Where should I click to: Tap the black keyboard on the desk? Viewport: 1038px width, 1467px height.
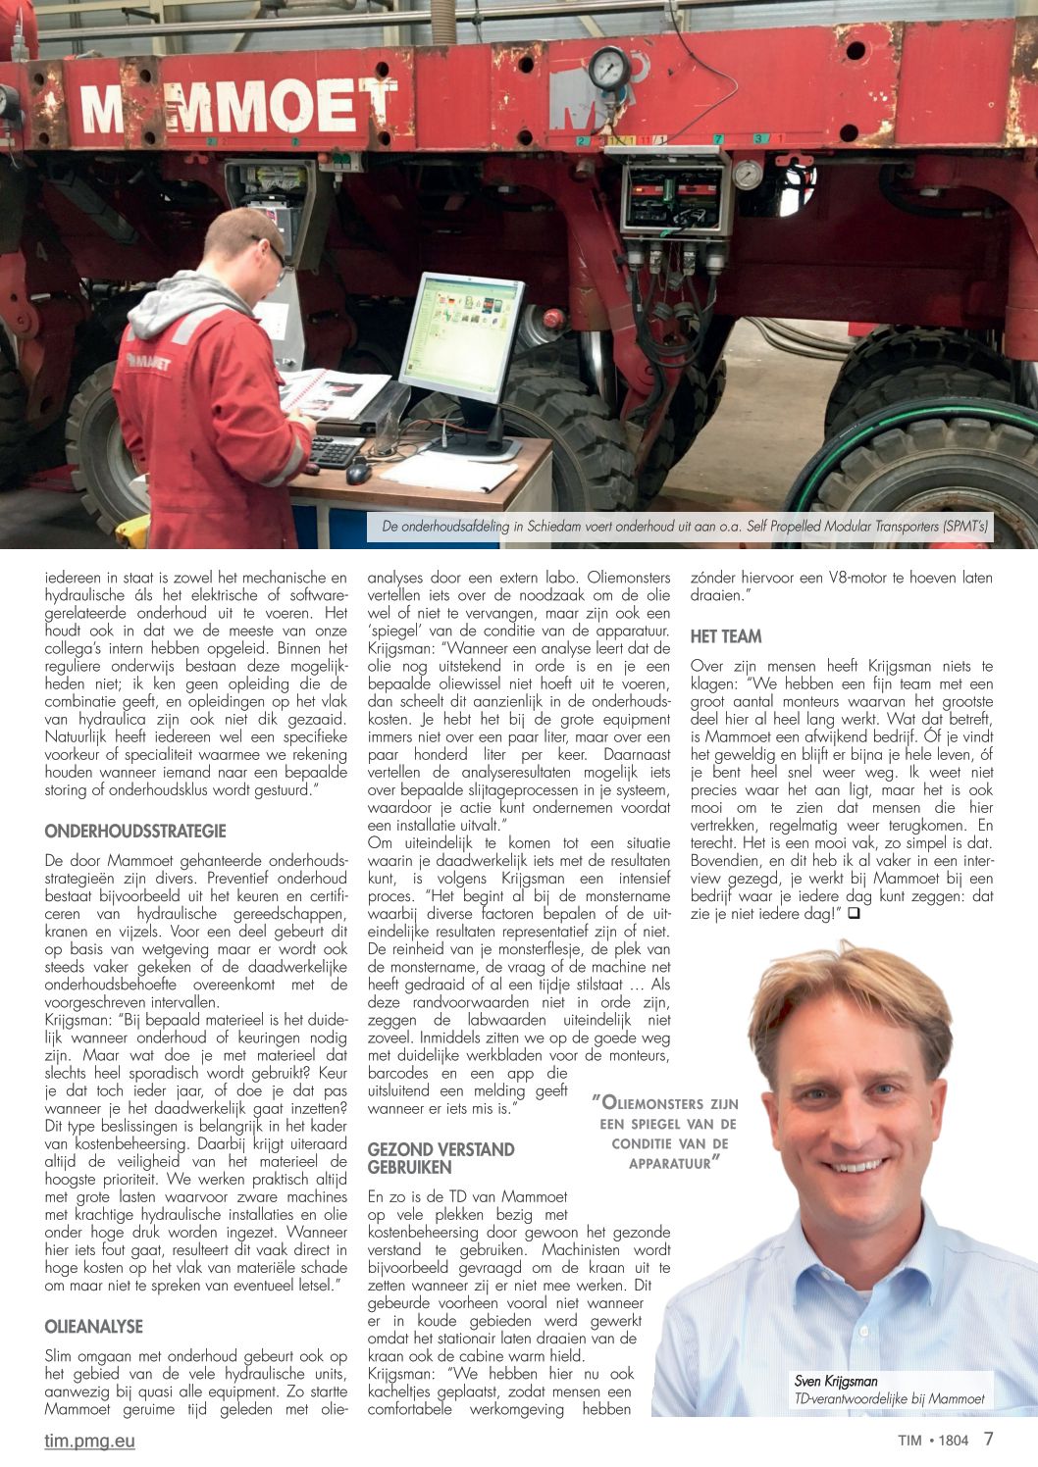[334, 450]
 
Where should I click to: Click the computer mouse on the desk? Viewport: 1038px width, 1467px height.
[358, 474]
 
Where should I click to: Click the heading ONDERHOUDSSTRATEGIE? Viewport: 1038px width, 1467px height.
[135, 831]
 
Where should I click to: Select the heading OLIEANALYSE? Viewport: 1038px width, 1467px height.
[94, 1326]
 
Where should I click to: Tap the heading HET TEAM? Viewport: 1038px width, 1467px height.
[726, 636]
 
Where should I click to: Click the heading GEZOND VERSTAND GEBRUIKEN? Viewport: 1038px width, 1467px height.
[441, 1158]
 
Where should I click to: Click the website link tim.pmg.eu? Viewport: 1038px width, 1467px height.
[90, 1441]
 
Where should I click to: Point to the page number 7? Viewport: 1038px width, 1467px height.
[988, 1439]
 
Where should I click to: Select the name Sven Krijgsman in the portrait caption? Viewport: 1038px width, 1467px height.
[836, 1381]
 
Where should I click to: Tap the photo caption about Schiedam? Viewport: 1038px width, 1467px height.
[686, 527]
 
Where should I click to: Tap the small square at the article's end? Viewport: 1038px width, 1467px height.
[854, 914]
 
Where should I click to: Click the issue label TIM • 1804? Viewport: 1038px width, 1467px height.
[933, 1441]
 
